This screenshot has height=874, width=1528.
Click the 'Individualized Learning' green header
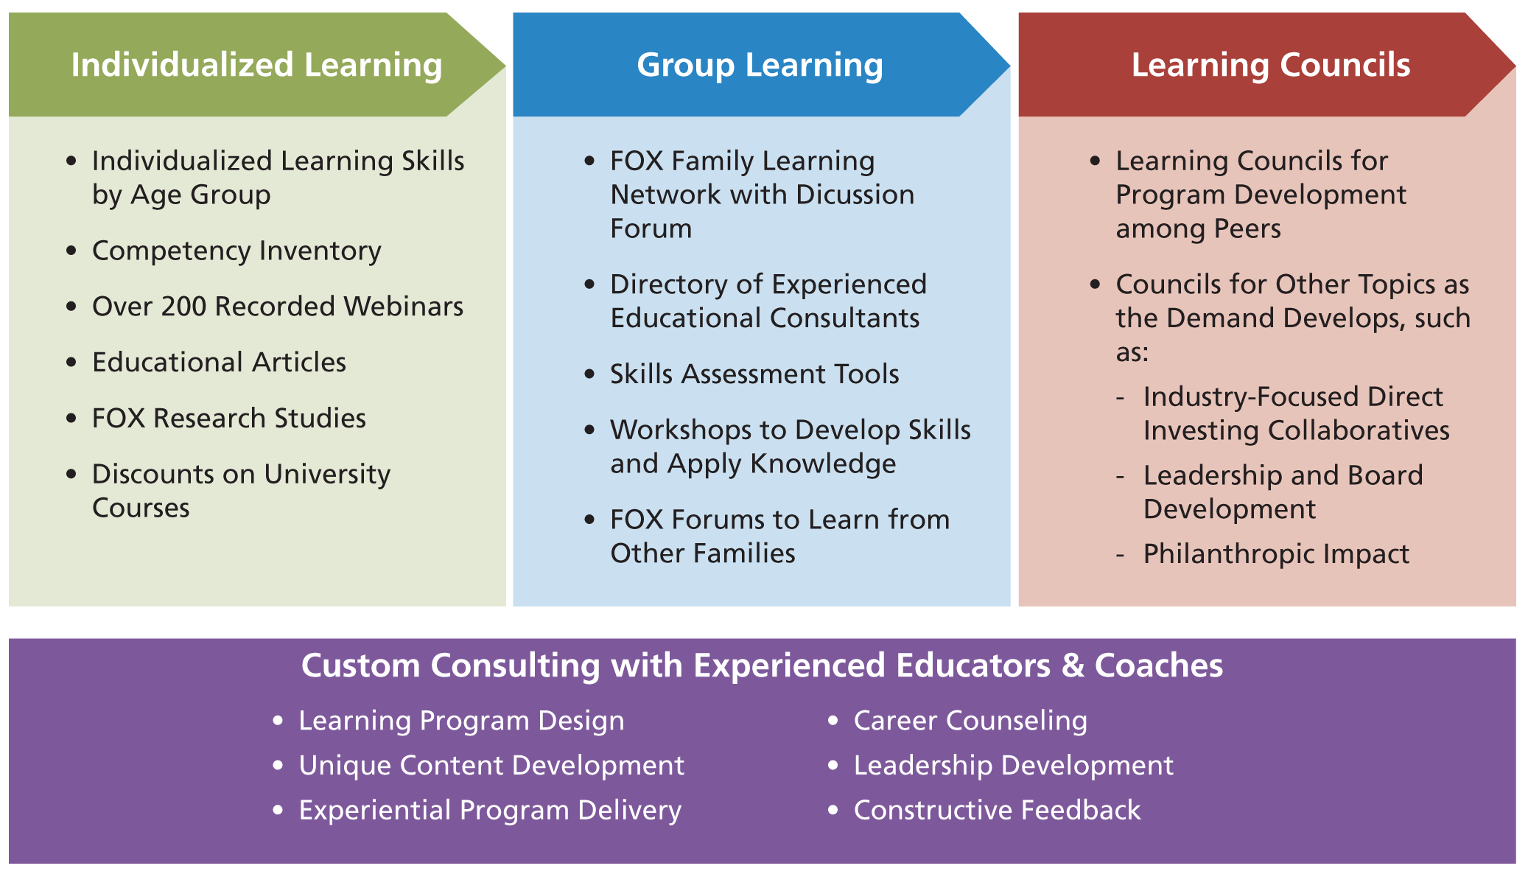point(256,65)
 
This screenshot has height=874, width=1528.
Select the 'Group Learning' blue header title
point(760,65)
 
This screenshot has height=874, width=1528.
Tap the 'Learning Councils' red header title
point(1271,65)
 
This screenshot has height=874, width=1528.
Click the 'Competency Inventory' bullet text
point(236,251)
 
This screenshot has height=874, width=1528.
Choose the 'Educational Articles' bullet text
point(219,363)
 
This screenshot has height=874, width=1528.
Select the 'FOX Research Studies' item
point(229,419)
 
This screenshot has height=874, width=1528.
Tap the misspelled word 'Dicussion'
point(855,195)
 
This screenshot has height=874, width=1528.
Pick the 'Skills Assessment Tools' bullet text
point(754,374)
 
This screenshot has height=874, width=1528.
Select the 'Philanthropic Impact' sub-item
point(1276,554)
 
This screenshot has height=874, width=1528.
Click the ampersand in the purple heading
point(1073,665)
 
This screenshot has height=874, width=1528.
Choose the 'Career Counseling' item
point(970,721)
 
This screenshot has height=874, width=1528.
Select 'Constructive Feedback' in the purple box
point(997,811)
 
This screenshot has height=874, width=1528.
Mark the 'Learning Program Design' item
point(461,721)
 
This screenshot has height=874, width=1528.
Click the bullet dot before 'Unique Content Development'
point(278,766)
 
